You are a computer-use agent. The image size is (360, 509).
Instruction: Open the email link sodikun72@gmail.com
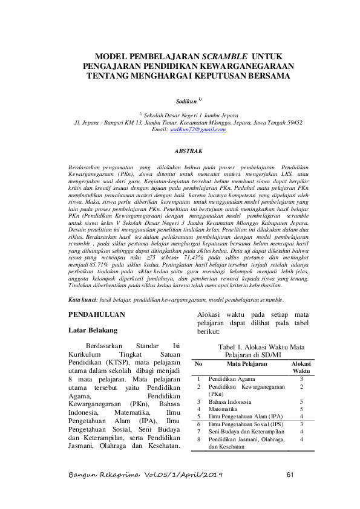[193, 130]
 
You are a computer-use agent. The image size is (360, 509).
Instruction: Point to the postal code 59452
[291, 122]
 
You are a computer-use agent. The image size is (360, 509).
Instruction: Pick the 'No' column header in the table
[198, 364]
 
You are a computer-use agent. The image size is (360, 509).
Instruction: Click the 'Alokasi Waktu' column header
[301, 367]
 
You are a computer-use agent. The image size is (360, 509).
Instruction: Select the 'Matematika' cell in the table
[223, 409]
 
